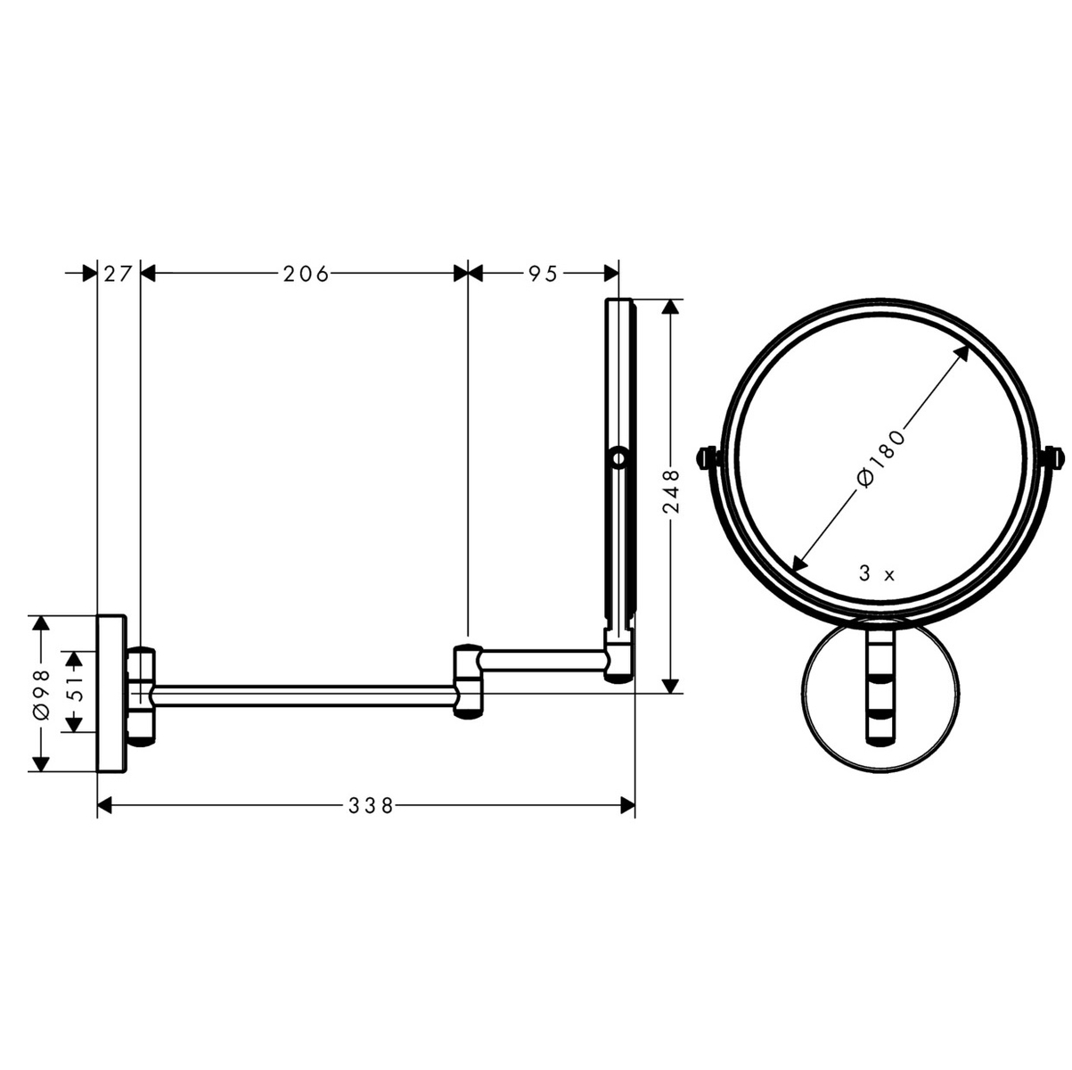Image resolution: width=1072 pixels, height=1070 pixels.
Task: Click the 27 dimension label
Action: click(x=118, y=274)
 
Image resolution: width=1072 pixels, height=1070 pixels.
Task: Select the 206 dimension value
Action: click(x=307, y=274)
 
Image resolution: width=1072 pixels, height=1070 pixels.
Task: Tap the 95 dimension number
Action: click(x=543, y=274)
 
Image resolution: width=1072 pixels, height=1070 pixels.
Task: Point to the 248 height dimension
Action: click(x=672, y=494)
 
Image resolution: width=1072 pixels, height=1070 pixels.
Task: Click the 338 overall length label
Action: click(x=371, y=805)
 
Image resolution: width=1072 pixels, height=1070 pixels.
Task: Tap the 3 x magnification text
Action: click(x=877, y=574)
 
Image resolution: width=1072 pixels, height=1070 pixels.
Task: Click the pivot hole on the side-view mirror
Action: click(x=618, y=459)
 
